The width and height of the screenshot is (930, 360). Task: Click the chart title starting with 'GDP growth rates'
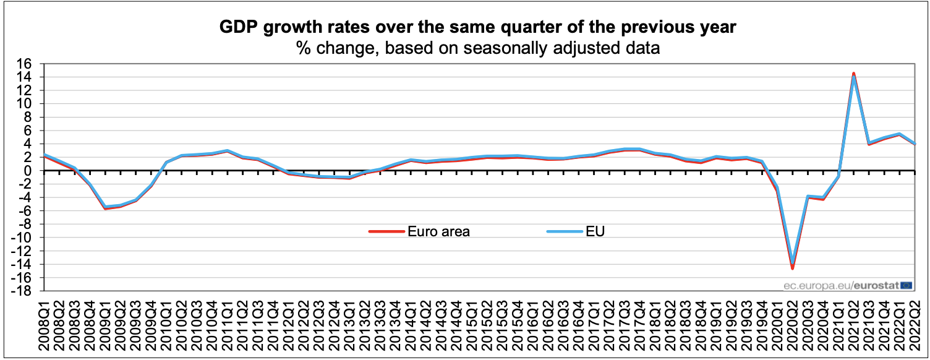[x=478, y=27]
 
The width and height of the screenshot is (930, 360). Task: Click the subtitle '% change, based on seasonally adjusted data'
[x=478, y=48]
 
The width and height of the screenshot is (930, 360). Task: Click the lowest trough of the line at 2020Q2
[x=793, y=267]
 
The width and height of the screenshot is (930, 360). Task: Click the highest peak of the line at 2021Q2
[x=854, y=74]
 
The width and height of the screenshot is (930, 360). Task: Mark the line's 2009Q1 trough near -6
[x=105, y=208]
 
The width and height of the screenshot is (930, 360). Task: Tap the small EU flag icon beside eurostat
[x=906, y=285]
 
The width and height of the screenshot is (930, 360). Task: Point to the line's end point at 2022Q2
[x=915, y=144]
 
